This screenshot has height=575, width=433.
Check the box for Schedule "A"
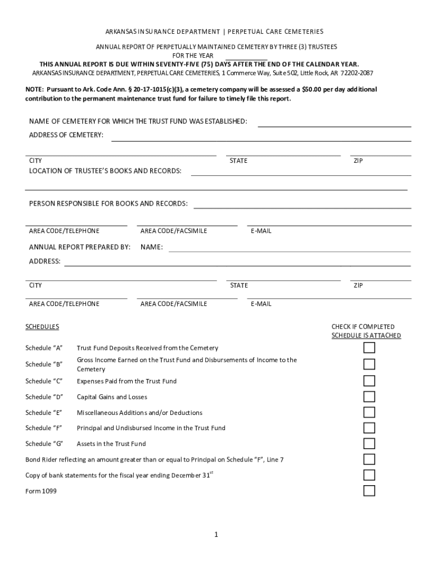[369, 348]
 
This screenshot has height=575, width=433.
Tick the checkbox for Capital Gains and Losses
[369, 397]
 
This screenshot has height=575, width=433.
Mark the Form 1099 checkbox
[369, 491]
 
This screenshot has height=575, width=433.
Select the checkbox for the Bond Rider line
[369, 459]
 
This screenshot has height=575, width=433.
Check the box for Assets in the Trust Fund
[369, 444]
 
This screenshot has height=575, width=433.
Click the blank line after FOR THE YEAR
[246, 57]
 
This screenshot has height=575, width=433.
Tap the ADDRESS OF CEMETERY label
[66, 135]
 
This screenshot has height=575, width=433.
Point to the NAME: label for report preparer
[152, 247]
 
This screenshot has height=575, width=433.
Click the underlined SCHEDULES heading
[42, 327]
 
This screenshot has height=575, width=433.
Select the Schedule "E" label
[44, 413]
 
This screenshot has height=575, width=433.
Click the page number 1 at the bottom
[216, 535]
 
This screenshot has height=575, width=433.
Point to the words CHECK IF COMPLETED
[363, 327]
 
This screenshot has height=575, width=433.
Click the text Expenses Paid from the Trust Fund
[127, 381]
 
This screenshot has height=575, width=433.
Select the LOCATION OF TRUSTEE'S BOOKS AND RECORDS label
[105, 171]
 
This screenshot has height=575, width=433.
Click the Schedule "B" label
[44, 364]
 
